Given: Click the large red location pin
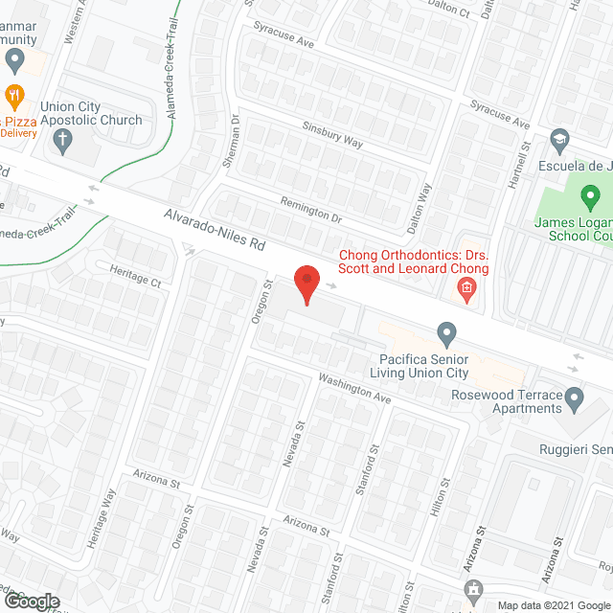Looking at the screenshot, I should [306, 284].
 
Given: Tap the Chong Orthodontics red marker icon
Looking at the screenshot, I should [466, 288].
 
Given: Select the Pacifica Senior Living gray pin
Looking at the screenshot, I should [445, 334].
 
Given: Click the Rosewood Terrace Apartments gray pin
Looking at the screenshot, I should [574, 397].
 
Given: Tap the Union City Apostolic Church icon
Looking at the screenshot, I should [63, 142].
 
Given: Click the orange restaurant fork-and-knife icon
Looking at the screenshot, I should [14, 95].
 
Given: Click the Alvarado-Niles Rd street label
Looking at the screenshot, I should [213, 231].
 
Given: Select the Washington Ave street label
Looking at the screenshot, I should [356, 388].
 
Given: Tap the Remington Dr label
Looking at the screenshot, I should [311, 209].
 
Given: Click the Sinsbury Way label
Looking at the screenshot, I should [332, 135].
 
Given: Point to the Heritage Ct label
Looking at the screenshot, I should [135, 275].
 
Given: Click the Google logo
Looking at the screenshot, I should [31, 601].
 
